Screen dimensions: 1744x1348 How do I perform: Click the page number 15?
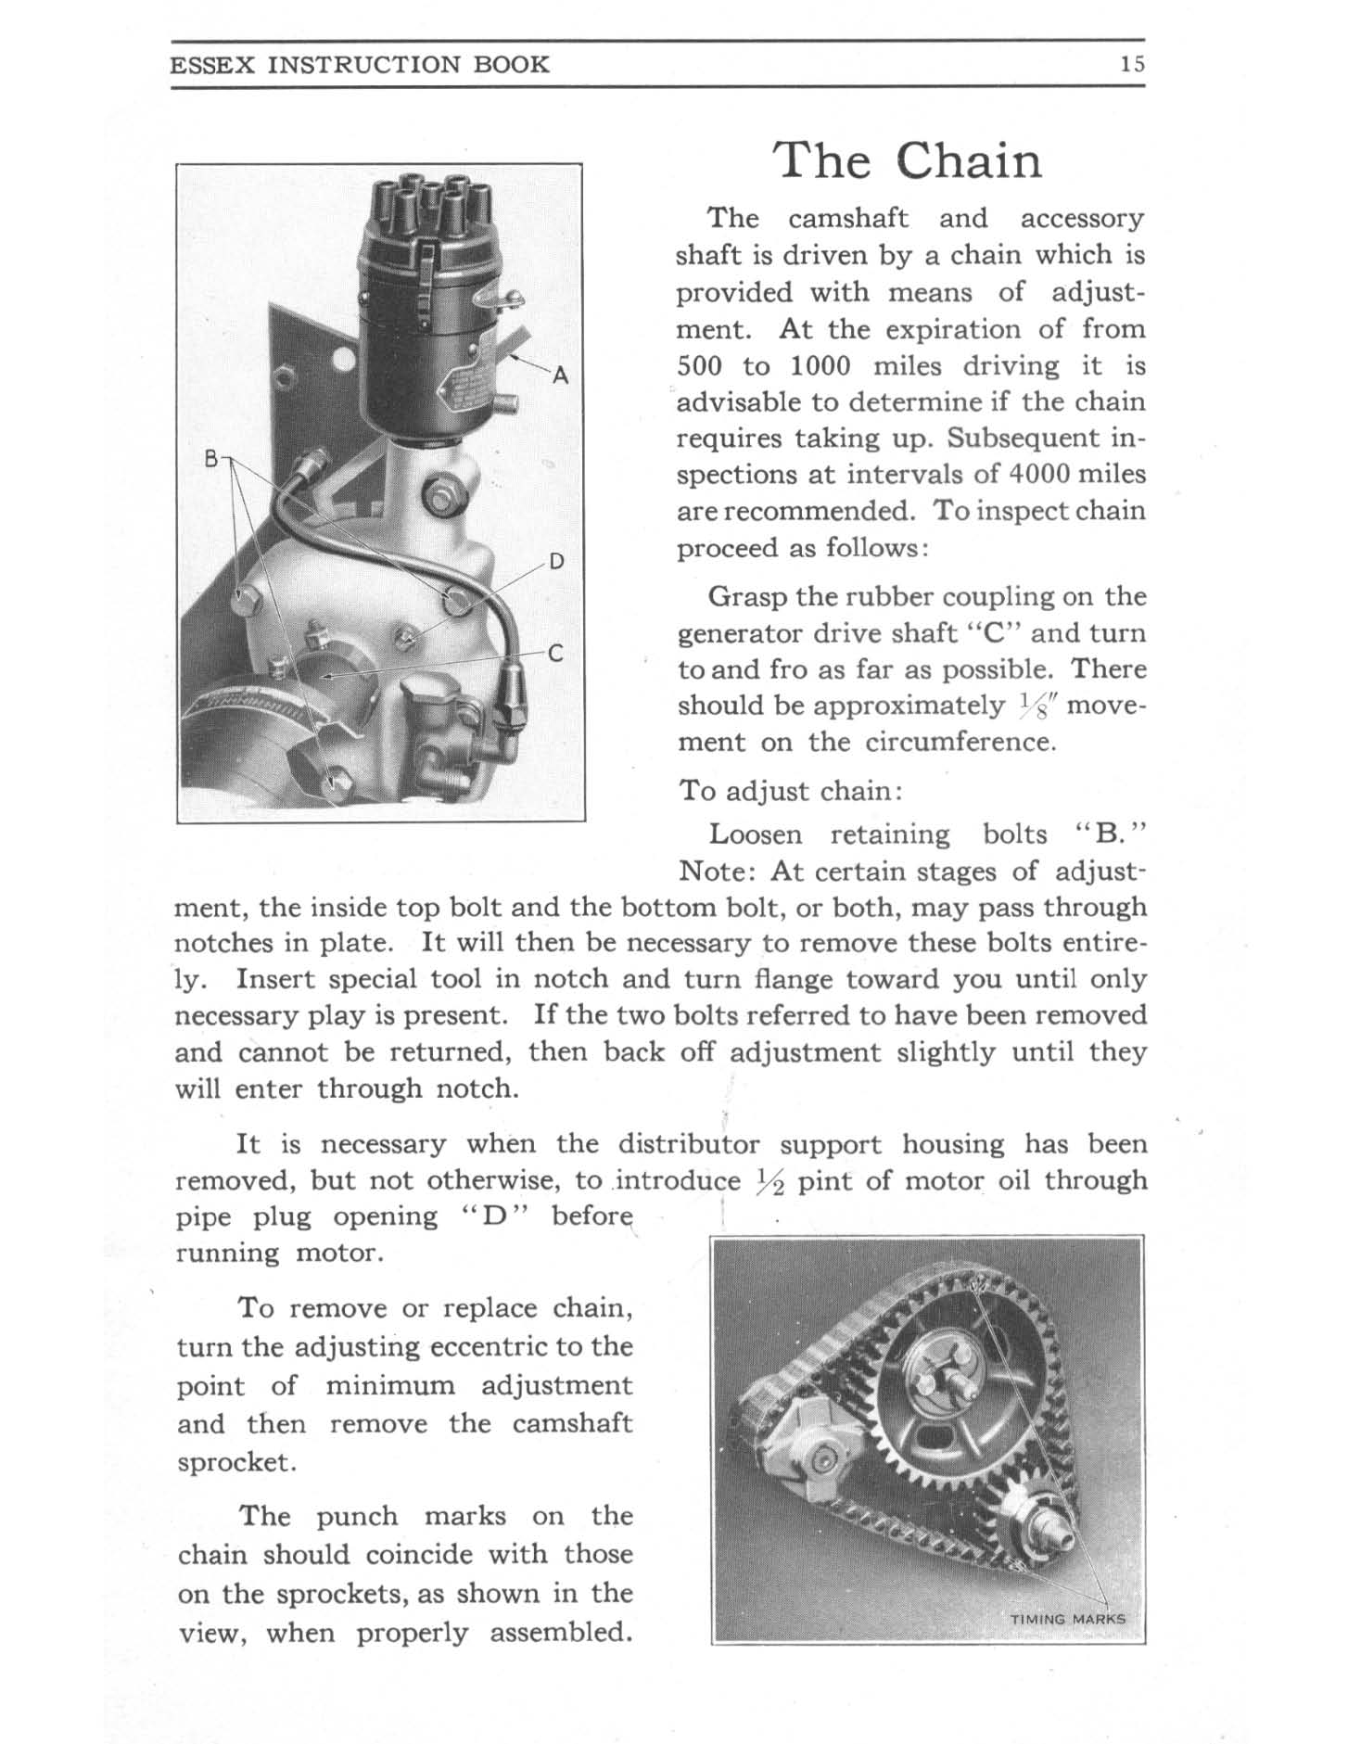(x=1132, y=64)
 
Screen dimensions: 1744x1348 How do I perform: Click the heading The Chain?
(x=909, y=160)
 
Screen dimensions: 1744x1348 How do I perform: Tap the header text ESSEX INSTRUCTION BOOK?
(x=360, y=64)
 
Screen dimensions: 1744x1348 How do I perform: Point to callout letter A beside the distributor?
(x=559, y=376)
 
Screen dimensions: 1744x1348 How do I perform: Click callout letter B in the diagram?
(x=211, y=458)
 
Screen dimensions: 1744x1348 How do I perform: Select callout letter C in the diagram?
(x=555, y=654)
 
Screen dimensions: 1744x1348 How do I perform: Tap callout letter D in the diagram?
(x=556, y=562)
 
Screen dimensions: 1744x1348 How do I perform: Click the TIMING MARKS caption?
(x=1067, y=1619)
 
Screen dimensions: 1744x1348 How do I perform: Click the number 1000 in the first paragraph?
(x=820, y=366)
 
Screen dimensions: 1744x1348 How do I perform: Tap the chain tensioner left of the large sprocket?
(x=816, y=1461)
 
